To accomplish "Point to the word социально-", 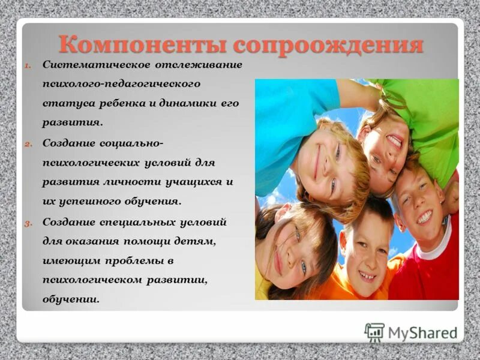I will pos(139,143).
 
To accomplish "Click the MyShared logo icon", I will pos(374,332).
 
